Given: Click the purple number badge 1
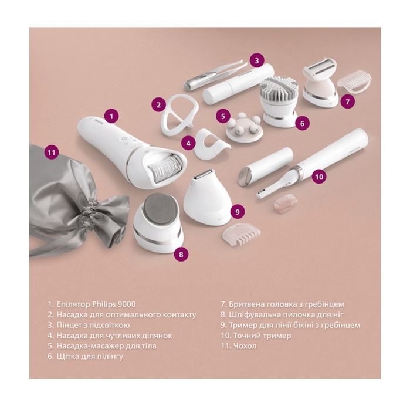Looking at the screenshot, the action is tap(111, 116).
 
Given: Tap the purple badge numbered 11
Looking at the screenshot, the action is tap(51, 152).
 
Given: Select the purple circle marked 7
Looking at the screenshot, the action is tap(347, 101).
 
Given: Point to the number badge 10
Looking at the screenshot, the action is tap(319, 177).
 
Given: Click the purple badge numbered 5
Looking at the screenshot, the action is tap(223, 116).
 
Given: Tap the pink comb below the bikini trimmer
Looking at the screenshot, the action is tap(242, 232).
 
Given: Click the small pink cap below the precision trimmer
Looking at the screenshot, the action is tap(285, 202).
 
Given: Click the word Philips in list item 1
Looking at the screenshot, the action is tap(104, 304).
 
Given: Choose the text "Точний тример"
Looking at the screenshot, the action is tap(262, 336).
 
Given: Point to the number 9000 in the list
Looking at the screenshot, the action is tap(127, 304).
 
